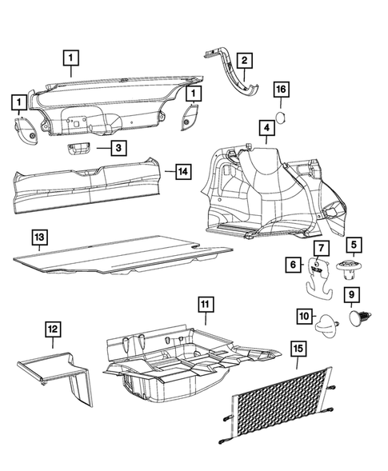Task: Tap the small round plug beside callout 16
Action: (281, 118)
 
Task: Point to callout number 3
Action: (118, 148)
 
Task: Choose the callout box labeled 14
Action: (182, 171)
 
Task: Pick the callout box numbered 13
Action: (38, 237)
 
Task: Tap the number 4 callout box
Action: (264, 128)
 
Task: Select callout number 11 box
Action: (205, 305)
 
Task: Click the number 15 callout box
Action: (299, 349)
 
